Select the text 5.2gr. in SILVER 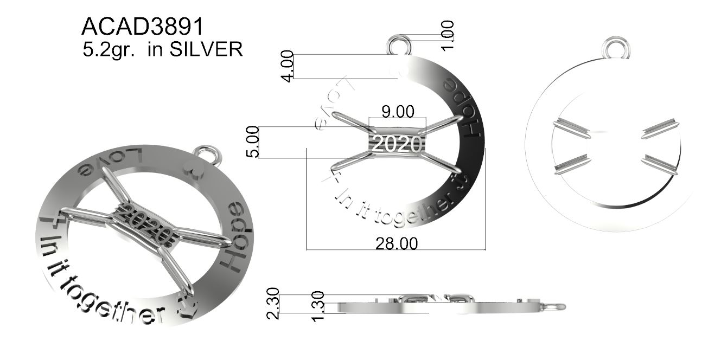coord(161,50)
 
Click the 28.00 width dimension coord(397,244)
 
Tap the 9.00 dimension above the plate coord(397,112)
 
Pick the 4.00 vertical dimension coord(288,66)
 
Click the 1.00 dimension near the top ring coord(448,36)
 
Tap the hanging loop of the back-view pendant coord(617,47)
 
